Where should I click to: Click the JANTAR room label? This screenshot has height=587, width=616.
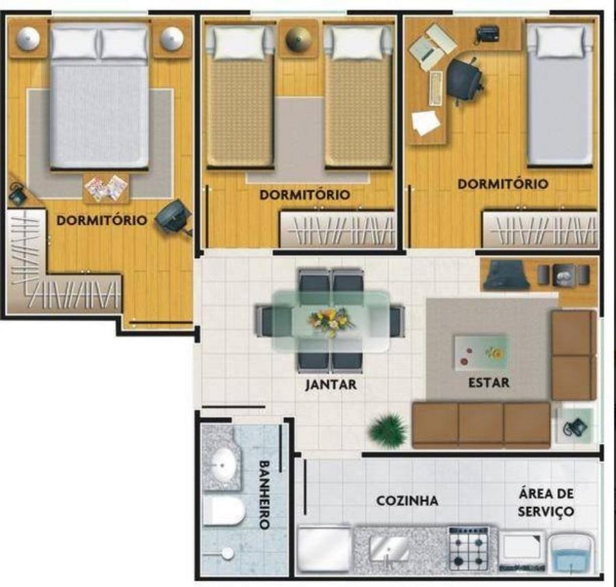click(x=331, y=384)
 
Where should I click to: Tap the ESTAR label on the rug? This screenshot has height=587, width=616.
click(x=489, y=382)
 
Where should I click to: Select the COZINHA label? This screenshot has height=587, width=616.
click(x=407, y=501)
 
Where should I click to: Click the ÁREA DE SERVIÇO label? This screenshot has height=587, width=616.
click(x=546, y=502)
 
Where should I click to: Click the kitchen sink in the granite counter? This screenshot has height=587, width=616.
click(x=389, y=548)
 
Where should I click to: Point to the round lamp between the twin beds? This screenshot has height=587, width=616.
click(x=298, y=38)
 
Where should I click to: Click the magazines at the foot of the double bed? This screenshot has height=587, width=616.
click(x=106, y=187)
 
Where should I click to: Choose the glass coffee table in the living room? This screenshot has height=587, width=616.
click(x=481, y=351)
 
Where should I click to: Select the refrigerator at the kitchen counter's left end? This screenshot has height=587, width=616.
click(x=325, y=547)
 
